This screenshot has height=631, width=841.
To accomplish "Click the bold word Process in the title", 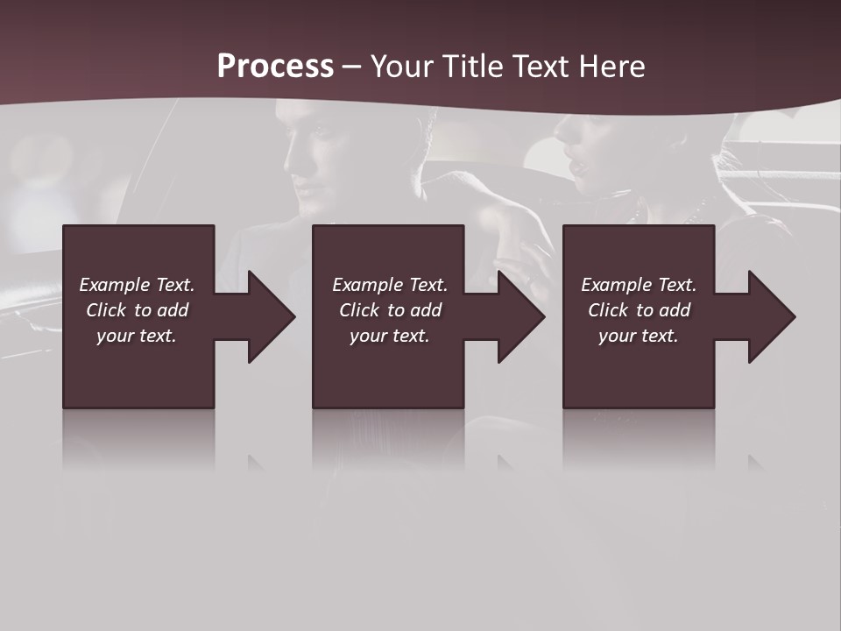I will (x=275, y=67).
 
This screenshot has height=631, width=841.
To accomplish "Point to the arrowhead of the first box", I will (x=270, y=316).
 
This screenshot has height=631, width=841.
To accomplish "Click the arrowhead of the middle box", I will (x=520, y=316).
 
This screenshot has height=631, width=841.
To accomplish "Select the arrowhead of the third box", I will (x=771, y=316).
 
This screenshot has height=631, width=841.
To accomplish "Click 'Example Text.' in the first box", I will (x=137, y=285).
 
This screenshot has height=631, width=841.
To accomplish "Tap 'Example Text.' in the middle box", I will (x=390, y=285).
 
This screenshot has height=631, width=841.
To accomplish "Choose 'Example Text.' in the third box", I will (x=639, y=285).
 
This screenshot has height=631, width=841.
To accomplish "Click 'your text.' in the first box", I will (x=137, y=336).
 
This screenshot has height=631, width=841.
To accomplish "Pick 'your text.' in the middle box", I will (x=390, y=336).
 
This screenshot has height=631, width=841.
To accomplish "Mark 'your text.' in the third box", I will (x=639, y=336).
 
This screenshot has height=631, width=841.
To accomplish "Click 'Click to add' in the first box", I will (x=137, y=310).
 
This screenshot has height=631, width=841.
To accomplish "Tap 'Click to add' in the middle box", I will (x=390, y=310).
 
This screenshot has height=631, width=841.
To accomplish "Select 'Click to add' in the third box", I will (x=639, y=310).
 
